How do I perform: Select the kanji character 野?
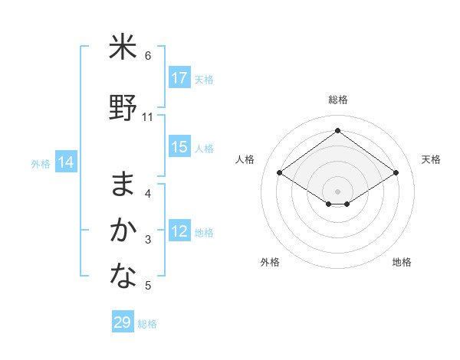point(123,109)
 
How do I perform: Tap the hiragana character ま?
point(123,184)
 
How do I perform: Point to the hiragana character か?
point(123,231)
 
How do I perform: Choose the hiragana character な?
point(123,277)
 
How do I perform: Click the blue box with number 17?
point(179,78)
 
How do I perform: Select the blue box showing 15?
point(179,147)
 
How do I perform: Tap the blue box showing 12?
point(179,231)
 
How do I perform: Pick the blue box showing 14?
point(65,162)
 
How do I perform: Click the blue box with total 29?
point(122,322)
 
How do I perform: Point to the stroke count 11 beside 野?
point(148,116)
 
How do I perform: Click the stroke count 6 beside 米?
point(148,55)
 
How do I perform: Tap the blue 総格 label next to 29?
point(147,324)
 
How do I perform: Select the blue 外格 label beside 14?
point(41,163)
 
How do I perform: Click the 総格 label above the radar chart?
point(337,100)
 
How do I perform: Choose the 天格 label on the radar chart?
point(432,159)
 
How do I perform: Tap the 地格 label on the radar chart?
point(402,262)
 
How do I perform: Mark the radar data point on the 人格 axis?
point(280,173)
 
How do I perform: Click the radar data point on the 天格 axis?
point(396,173)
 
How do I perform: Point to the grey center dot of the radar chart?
point(337,191)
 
